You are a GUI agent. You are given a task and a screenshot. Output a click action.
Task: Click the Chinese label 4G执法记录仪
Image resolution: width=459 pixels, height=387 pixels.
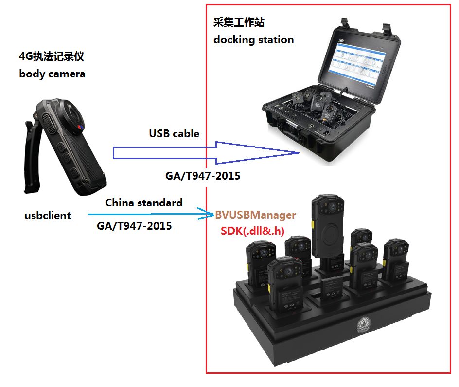pyautogui.click(x=52, y=56)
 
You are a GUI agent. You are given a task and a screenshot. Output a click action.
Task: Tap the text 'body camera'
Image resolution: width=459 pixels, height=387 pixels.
pyautogui.click(x=52, y=74)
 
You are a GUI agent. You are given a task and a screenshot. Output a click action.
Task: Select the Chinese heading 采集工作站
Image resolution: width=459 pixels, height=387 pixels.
pyautogui.click(x=239, y=22)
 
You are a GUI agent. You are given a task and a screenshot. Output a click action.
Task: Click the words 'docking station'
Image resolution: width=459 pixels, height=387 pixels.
pyautogui.click(x=253, y=39)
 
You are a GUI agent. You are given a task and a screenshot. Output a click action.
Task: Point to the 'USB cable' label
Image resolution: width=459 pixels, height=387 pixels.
pyautogui.click(x=174, y=133)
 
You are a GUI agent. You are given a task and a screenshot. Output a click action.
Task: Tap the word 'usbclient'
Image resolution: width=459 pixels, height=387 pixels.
pyautogui.click(x=48, y=215)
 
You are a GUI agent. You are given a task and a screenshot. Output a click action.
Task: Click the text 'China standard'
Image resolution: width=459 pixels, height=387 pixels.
pyautogui.click(x=144, y=203)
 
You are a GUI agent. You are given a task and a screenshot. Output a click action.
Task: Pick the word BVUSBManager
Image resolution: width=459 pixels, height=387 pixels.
pyautogui.click(x=256, y=215)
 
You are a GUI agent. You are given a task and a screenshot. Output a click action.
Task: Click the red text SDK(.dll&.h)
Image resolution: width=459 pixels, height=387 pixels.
pyautogui.click(x=252, y=231)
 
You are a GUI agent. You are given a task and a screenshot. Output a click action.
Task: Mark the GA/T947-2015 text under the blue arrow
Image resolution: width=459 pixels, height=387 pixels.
pyautogui.click(x=203, y=176)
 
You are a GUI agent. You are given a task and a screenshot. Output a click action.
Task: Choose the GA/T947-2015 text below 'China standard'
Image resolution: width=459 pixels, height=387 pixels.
pyautogui.click(x=134, y=226)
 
